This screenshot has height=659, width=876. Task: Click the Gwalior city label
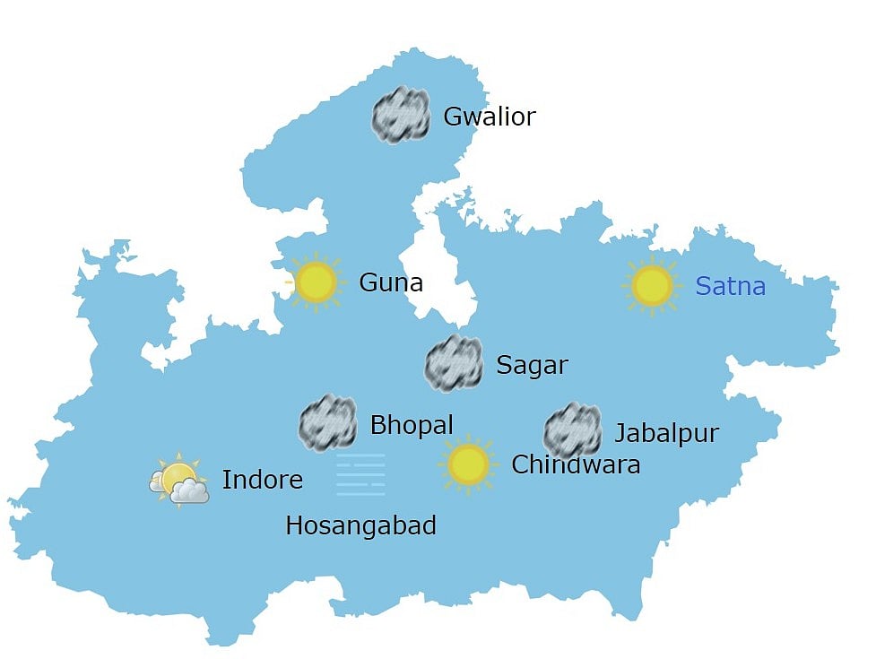point(489,117)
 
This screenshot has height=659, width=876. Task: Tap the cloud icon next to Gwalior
point(401,116)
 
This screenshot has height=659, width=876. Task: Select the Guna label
point(390,282)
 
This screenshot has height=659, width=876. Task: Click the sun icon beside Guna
point(316,282)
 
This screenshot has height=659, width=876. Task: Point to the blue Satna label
point(730,287)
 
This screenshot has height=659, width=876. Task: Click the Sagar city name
point(532,365)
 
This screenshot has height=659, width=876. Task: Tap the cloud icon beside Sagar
point(454,363)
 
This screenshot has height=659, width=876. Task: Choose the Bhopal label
point(412,424)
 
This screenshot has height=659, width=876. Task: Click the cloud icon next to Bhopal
point(328,422)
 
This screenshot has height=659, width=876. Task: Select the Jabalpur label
point(666,433)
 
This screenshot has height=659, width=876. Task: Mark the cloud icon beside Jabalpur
point(572,430)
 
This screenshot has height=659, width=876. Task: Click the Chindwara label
point(576,464)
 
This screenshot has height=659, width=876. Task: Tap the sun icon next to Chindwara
point(468,464)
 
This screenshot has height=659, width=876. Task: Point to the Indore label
point(262,480)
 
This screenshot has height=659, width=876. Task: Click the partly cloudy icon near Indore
point(179,481)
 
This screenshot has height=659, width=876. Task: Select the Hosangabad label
point(360,525)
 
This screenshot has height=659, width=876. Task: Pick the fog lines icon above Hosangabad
point(360,475)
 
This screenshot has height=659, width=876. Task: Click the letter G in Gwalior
point(453,117)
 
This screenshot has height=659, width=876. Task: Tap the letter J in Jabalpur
point(620,434)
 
